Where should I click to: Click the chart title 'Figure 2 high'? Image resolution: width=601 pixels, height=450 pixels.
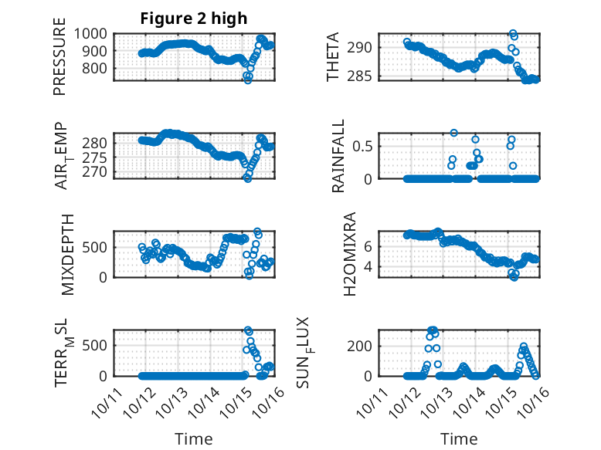[x=194, y=19]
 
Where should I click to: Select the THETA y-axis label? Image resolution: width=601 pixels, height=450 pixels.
[x=333, y=57]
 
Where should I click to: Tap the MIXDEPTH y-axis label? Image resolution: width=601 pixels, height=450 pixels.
[x=66, y=253]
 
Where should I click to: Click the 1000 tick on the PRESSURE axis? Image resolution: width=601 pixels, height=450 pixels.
[x=93, y=33]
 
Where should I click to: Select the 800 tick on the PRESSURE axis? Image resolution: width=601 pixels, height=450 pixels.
[x=98, y=68]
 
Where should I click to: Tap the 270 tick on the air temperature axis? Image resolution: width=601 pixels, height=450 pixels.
[x=98, y=172]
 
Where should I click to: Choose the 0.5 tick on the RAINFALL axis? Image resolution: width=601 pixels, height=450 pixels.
[x=365, y=145]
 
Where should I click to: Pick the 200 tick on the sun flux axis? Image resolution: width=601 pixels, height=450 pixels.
[x=362, y=344]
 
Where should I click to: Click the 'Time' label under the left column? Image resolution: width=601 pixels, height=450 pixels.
[x=194, y=438]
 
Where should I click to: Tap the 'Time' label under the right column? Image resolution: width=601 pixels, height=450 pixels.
[x=459, y=438]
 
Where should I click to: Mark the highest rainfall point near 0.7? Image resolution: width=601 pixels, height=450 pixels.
[x=453, y=133]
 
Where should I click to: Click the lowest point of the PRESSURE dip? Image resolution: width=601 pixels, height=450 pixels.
[x=248, y=80]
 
